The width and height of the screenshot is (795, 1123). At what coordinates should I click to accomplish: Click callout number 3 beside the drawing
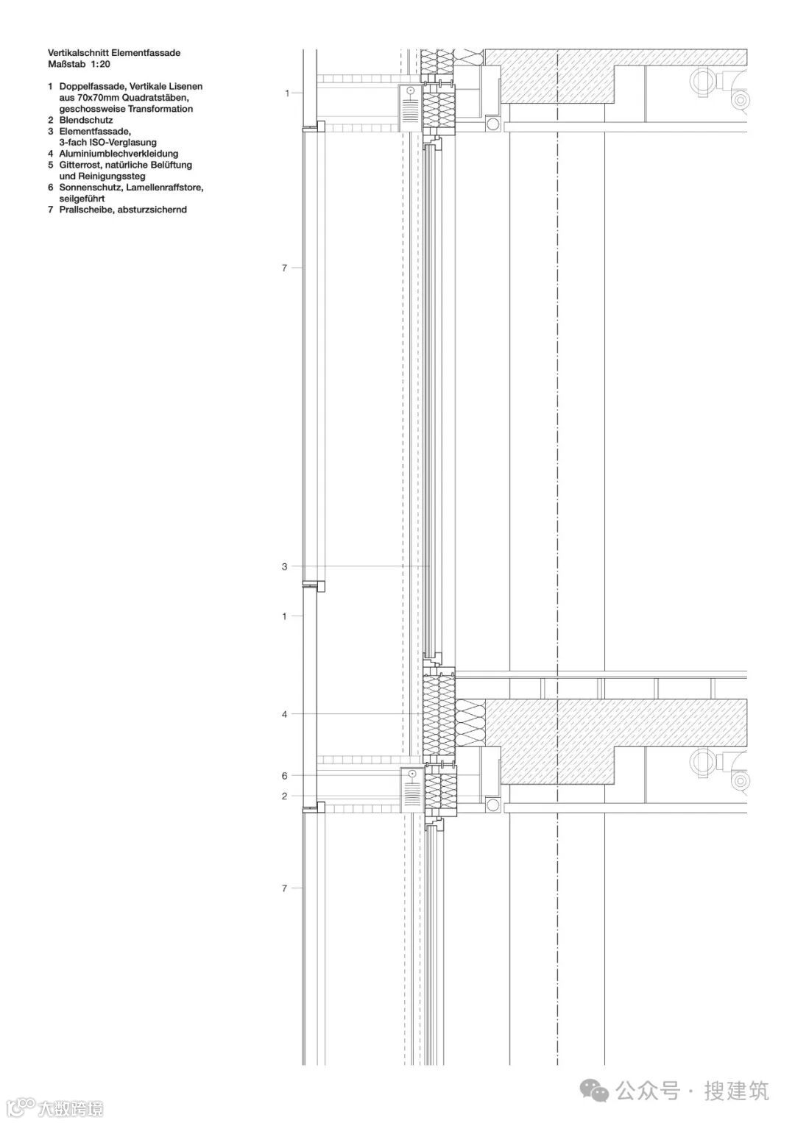285,566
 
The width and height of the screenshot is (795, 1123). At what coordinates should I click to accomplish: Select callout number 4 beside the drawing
285,714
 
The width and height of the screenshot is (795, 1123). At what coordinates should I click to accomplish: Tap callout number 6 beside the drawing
285,775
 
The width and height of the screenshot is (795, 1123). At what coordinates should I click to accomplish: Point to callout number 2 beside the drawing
285,796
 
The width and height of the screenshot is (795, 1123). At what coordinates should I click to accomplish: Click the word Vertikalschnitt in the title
78,53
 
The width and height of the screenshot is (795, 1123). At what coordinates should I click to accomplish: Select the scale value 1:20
100,64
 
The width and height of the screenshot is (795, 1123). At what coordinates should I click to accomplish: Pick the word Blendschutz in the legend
86,120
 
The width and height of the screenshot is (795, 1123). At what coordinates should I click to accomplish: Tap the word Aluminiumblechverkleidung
119,154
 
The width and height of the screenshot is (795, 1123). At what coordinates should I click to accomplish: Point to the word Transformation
160,109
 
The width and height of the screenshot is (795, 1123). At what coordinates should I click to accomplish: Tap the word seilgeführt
82,199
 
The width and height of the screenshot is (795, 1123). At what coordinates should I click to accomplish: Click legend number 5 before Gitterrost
51,165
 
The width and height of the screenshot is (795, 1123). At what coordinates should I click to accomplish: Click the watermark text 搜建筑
736,1091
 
